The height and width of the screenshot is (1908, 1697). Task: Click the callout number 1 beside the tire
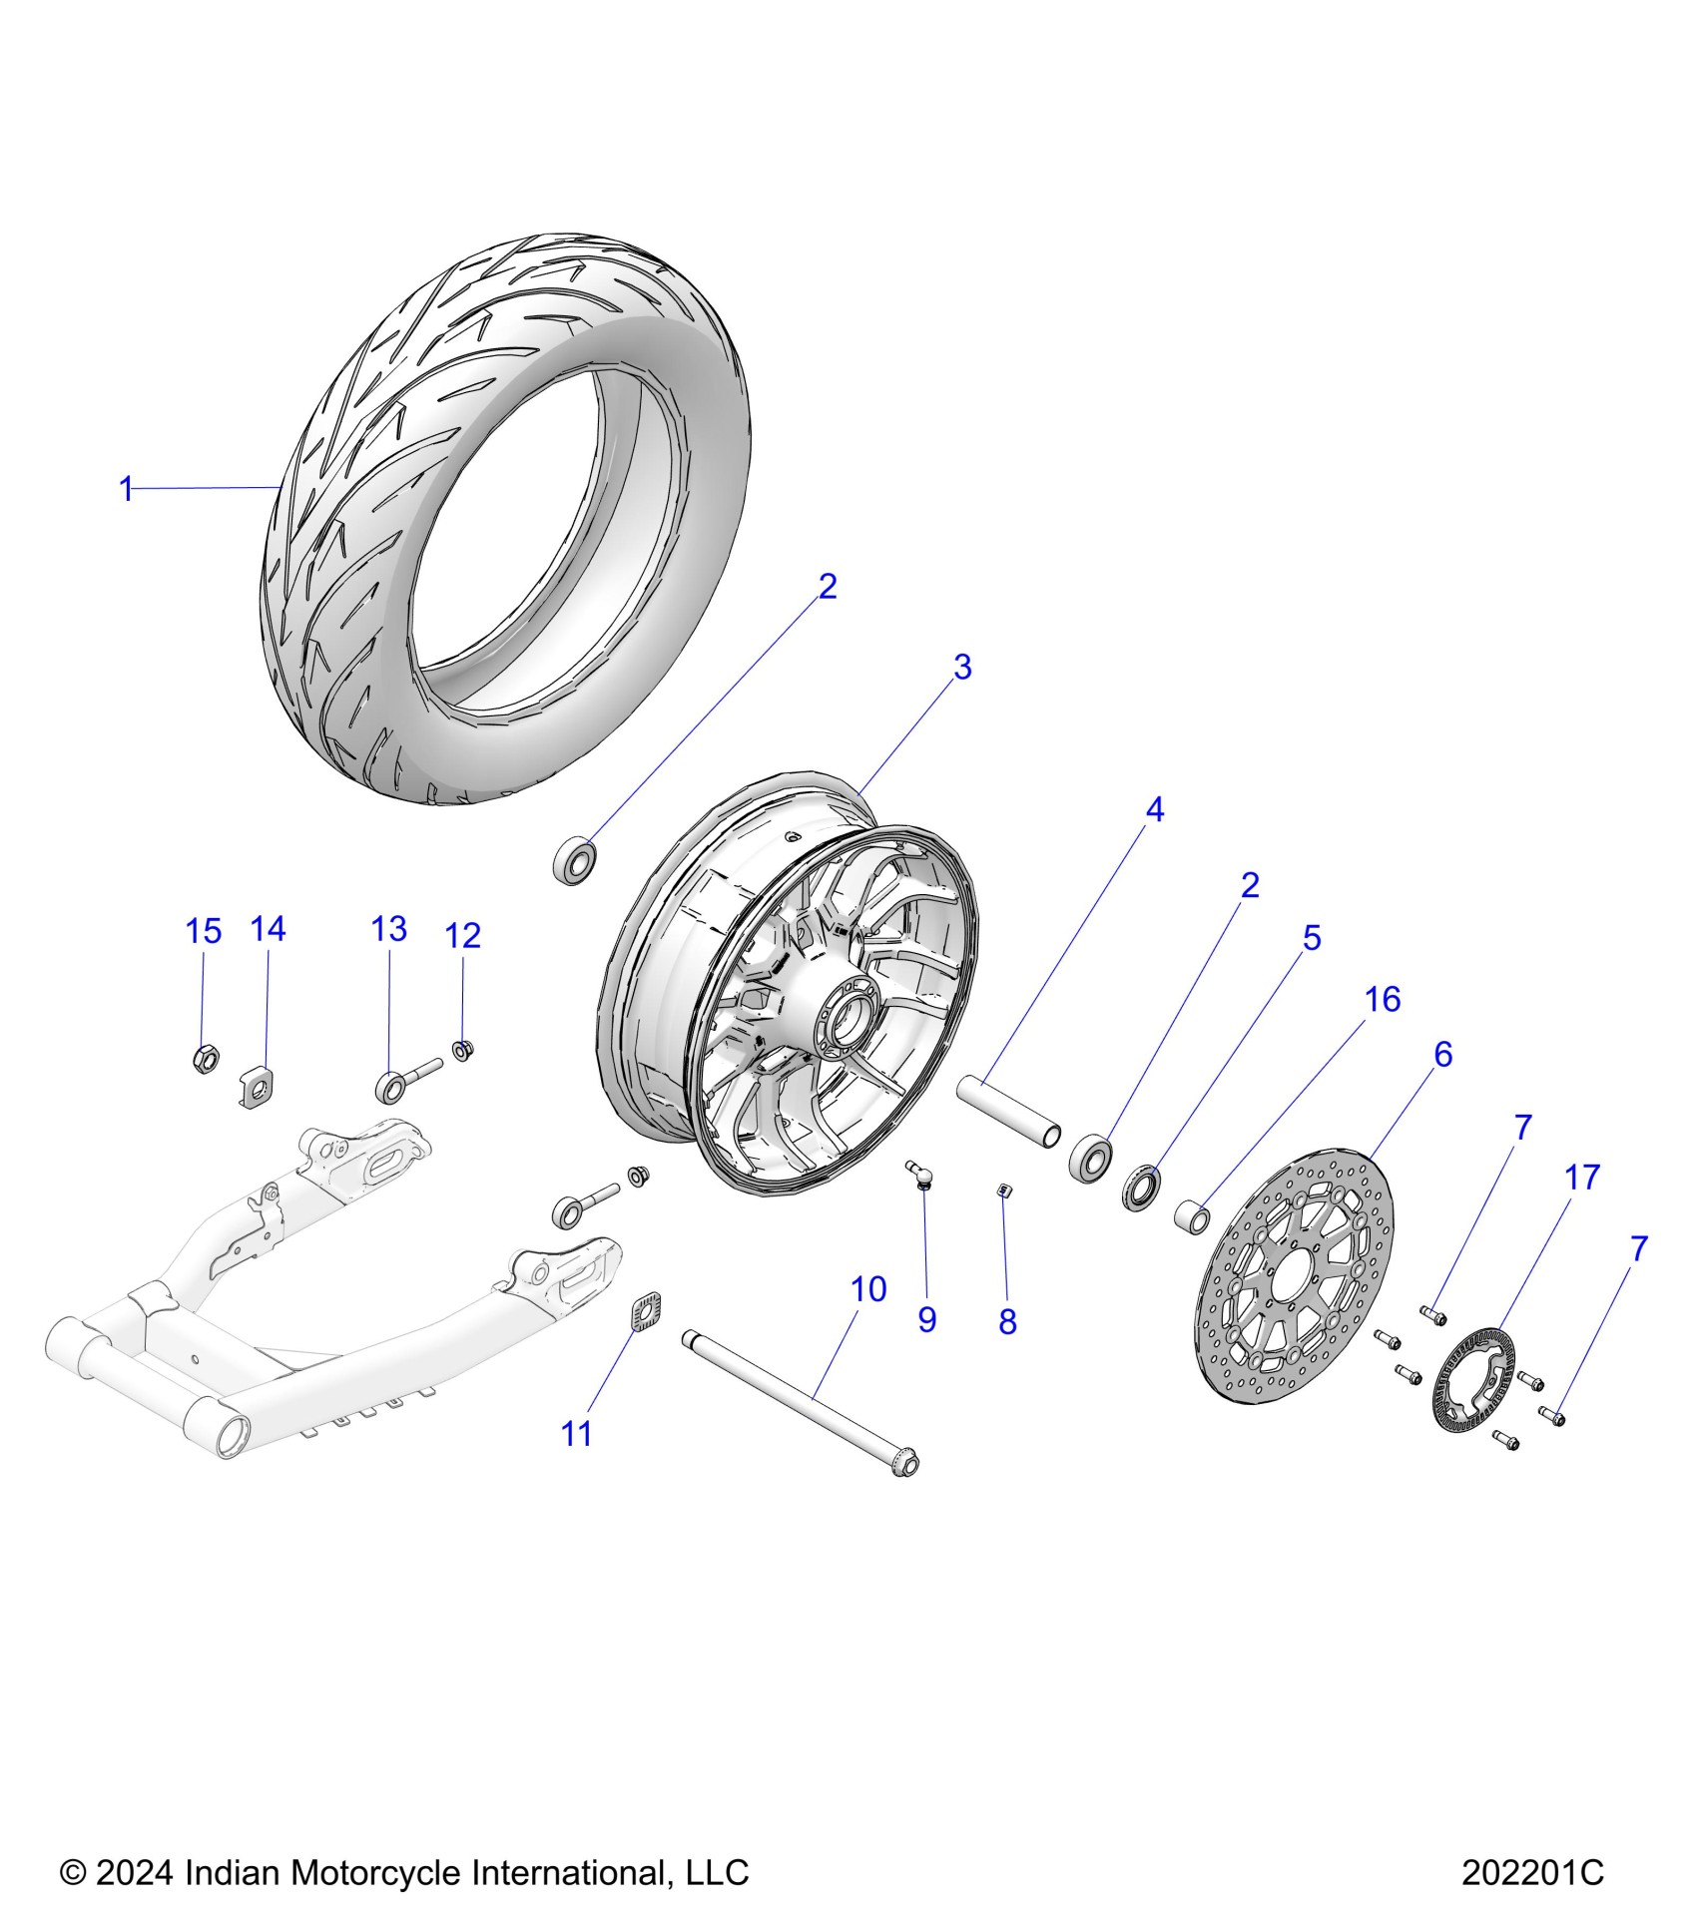[x=126, y=489]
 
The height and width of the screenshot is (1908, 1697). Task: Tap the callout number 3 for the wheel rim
[x=961, y=667]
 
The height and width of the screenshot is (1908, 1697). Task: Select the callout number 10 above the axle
[x=867, y=1289]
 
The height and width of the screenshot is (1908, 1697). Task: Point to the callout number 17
[x=1582, y=1178]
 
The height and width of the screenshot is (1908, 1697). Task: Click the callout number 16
[x=1383, y=999]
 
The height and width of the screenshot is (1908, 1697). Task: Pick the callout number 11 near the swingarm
[x=577, y=1434]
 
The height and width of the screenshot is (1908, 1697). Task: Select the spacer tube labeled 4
[x=1008, y=1111]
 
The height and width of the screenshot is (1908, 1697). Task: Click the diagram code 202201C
[x=1532, y=1873]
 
